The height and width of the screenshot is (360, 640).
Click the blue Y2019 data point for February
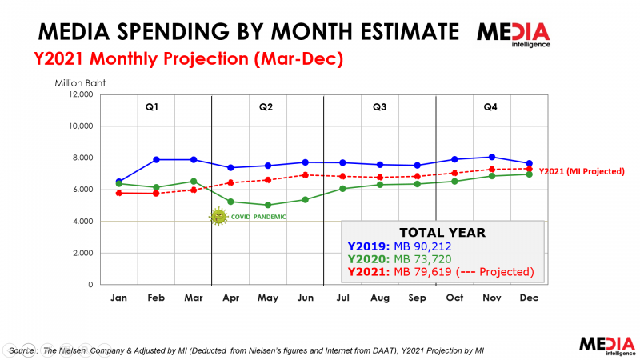(x=156, y=159)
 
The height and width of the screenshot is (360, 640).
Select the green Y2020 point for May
(x=268, y=205)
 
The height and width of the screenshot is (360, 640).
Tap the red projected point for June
(x=305, y=175)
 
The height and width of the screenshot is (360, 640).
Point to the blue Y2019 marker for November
(x=492, y=157)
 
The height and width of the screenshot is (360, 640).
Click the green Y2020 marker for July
(x=342, y=189)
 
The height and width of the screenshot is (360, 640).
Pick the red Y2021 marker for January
(x=118, y=193)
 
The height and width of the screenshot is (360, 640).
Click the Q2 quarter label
(x=266, y=107)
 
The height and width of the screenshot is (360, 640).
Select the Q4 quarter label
(x=490, y=107)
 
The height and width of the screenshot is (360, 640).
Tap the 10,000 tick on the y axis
(x=81, y=126)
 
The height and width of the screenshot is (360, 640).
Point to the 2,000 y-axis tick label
(x=83, y=253)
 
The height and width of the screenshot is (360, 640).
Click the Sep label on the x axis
(x=417, y=298)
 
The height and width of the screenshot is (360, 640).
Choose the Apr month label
(x=230, y=298)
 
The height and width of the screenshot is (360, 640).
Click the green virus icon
(x=218, y=217)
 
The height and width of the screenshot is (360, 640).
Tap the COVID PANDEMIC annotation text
(x=258, y=217)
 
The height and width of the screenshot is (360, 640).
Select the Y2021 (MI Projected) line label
(x=582, y=171)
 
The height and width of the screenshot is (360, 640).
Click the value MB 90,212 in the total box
(x=422, y=246)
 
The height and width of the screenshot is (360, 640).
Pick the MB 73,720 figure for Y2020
(x=422, y=259)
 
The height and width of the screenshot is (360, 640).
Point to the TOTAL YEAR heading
(x=442, y=233)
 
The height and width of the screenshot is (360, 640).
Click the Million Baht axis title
(x=80, y=83)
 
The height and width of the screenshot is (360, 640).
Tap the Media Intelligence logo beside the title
(x=514, y=34)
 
